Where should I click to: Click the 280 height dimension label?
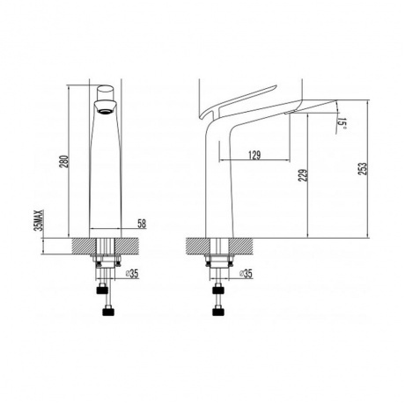click(x=64, y=161)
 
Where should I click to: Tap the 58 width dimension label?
click(x=142, y=224)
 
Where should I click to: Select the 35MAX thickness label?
click(x=39, y=220)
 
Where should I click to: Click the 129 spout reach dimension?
click(x=254, y=155)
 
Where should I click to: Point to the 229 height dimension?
click(x=303, y=175)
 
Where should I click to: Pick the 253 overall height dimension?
click(x=363, y=169)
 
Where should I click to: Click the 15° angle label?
click(x=342, y=124)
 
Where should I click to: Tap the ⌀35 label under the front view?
click(x=132, y=274)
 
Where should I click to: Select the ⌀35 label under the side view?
click(x=246, y=274)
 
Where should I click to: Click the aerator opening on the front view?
click(x=105, y=112)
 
